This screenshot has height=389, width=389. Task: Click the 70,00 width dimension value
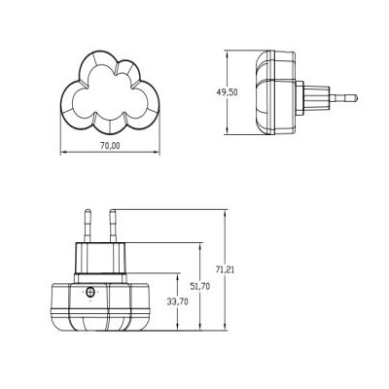click(x=110, y=146)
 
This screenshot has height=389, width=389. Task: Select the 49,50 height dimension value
click(x=227, y=92)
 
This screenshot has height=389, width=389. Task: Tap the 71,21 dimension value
click(x=225, y=269)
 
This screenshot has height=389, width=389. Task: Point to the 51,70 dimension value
click(x=199, y=286)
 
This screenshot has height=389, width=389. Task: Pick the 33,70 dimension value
click(x=178, y=301)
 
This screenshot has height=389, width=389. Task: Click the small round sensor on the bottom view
click(x=90, y=292)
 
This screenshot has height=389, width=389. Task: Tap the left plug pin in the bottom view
click(x=88, y=227)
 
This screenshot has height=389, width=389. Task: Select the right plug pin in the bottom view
click(x=113, y=227)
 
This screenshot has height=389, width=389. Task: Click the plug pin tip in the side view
click(x=355, y=97)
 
